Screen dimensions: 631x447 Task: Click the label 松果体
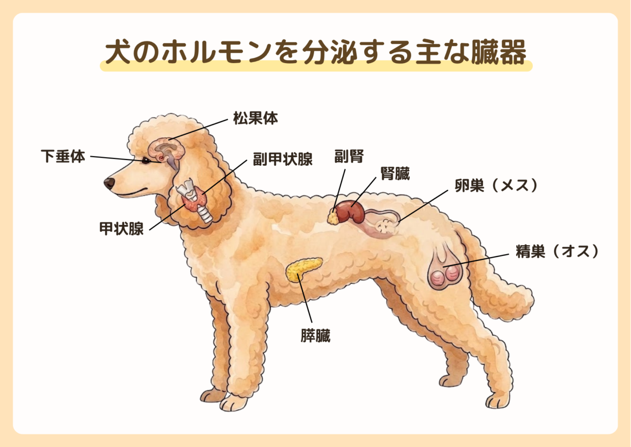(255, 118)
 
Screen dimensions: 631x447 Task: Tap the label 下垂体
(63, 156)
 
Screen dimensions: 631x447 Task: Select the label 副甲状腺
(282, 159)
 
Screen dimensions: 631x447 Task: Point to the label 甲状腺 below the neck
(122, 228)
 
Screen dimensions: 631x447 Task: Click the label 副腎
(349, 156)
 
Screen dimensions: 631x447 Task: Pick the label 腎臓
(395, 173)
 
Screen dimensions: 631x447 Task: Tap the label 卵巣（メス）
(496, 186)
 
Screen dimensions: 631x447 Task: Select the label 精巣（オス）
(557, 251)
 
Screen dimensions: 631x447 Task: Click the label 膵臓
(315, 335)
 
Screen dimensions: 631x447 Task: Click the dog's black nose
(109, 183)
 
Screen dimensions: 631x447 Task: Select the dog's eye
(145, 160)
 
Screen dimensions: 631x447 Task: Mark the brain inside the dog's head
(166, 152)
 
